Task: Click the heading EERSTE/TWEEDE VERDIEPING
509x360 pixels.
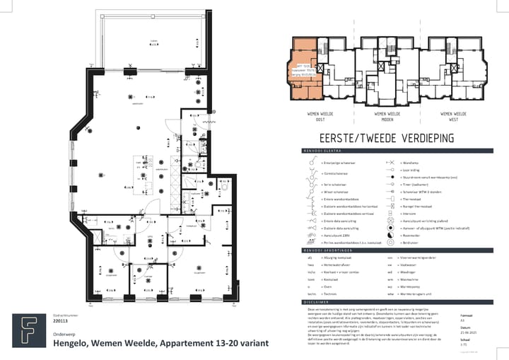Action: coord(376,139)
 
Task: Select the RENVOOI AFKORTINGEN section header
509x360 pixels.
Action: coord(320,250)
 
